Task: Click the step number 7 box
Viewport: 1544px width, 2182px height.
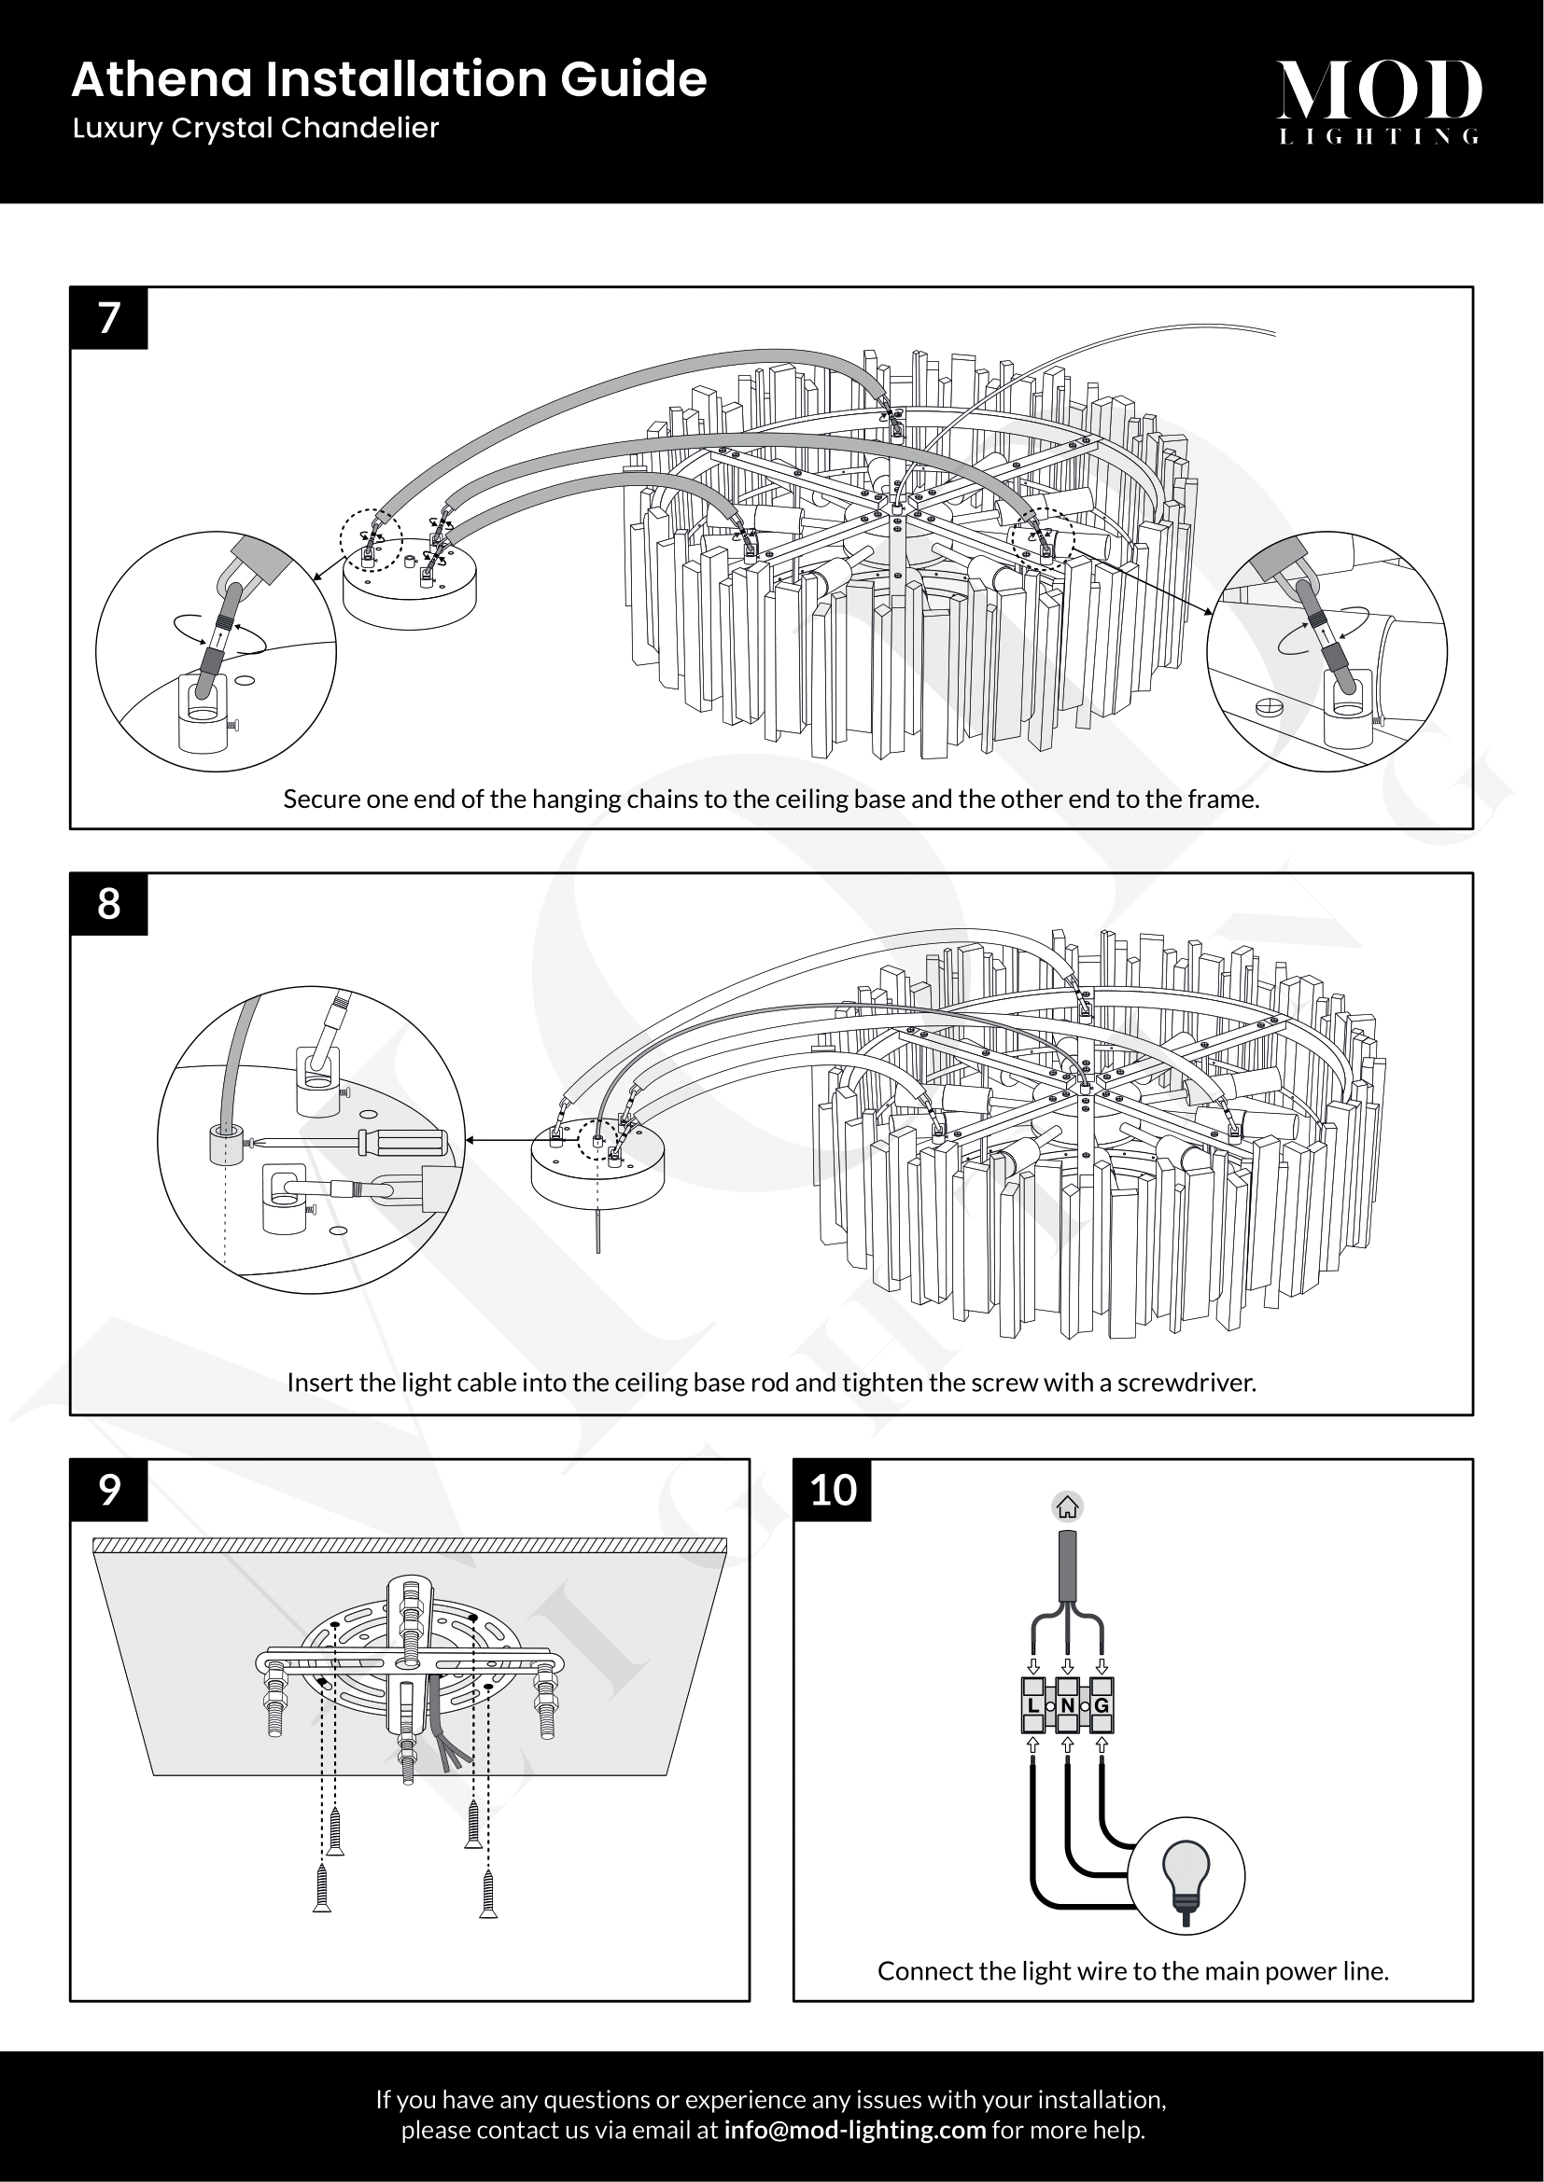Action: [108, 317]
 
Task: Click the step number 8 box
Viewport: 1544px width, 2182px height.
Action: [108, 904]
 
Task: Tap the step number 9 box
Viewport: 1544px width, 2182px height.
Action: [108, 1490]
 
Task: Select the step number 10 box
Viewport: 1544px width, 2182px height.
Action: [832, 1490]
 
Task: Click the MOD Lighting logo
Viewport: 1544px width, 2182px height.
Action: [1378, 101]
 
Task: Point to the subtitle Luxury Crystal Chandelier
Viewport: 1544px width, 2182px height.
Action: [255, 129]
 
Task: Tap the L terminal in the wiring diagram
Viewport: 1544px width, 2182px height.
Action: [1032, 1706]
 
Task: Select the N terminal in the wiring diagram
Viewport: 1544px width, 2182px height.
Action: [1067, 1706]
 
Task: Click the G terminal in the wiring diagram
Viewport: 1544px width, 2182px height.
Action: [1101, 1706]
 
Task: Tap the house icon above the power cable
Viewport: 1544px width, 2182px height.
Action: [1067, 1508]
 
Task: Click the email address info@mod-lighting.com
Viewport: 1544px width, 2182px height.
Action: [854, 2130]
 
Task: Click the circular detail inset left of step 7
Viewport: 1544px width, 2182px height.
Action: [216, 651]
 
